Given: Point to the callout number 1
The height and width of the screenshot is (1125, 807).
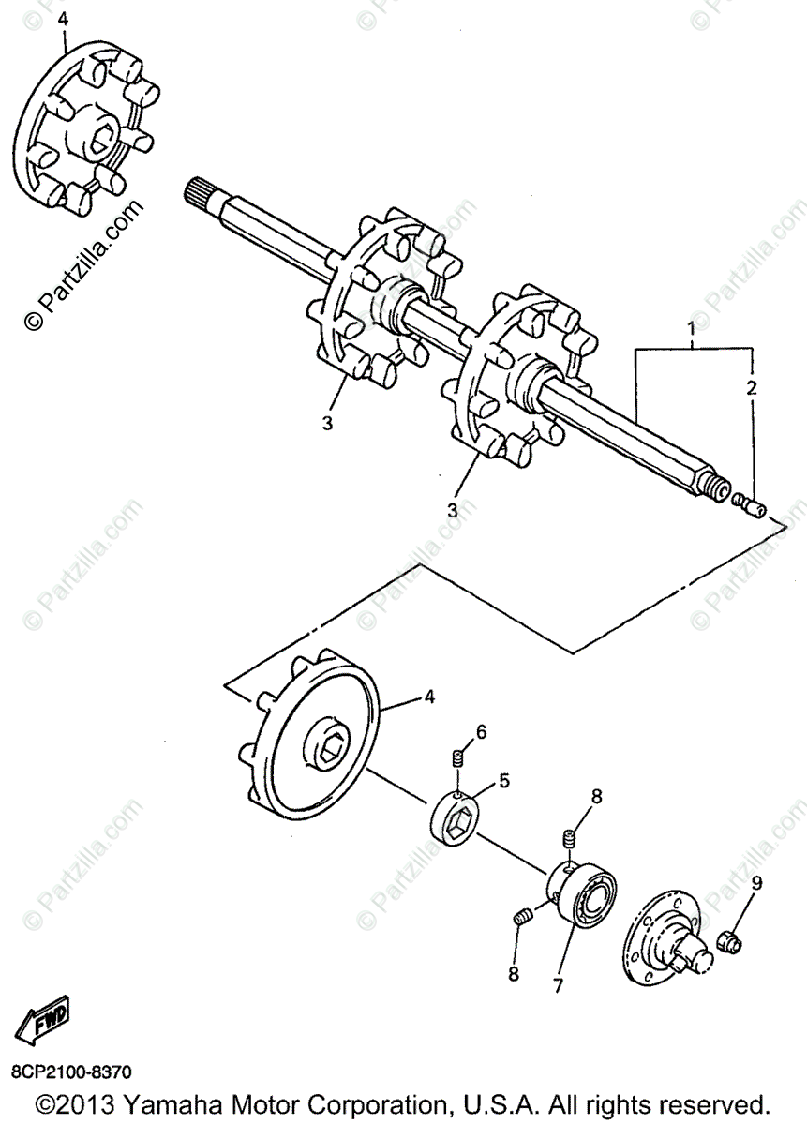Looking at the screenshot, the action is point(691,330).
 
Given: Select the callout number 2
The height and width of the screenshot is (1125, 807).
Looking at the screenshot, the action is point(751,386).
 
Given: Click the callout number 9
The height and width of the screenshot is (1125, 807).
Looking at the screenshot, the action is point(755,882).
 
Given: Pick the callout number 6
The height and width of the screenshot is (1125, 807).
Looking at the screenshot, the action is point(481,732).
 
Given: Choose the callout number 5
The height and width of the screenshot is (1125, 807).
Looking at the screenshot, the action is point(503,779).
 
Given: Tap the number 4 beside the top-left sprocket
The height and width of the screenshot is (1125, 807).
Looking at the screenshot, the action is point(64,19).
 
